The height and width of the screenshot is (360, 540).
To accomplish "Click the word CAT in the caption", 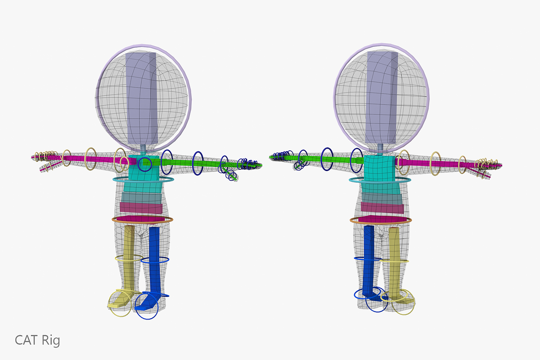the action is [x=26, y=340].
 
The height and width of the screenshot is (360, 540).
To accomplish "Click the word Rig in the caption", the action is [x=50, y=341].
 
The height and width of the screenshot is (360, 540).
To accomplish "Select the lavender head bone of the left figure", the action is [x=142, y=99].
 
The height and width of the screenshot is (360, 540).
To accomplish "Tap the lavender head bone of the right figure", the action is [x=382, y=97].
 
